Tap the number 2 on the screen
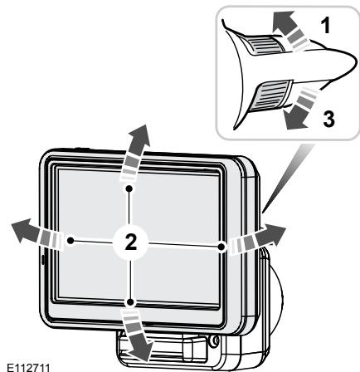(129, 242)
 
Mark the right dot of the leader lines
(221, 245)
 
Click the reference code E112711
(27, 364)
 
